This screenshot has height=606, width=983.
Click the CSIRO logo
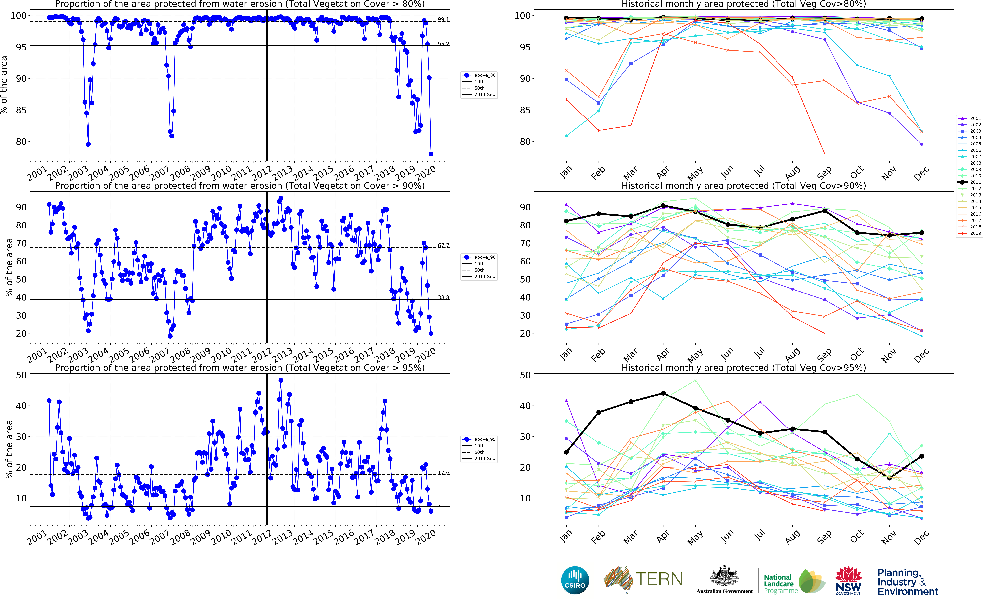click(575, 580)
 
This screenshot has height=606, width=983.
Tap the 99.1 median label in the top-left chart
click(443, 19)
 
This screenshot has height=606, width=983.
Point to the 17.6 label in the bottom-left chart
click(443, 473)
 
